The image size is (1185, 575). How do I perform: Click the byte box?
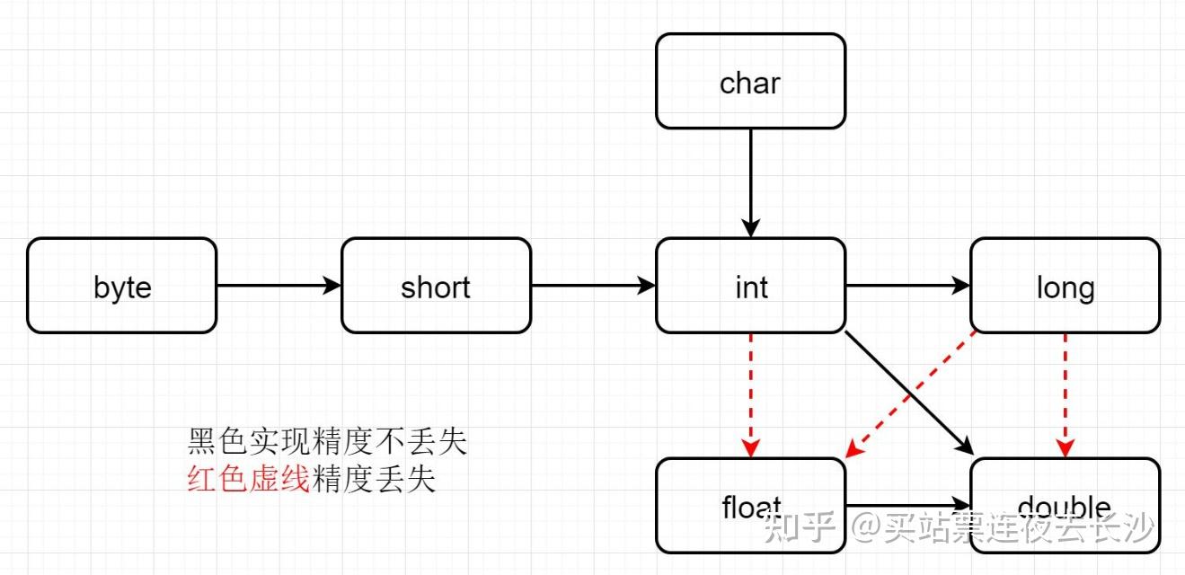click(121, 286)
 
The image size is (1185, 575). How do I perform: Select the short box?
click(436, 286)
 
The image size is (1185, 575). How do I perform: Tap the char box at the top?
click(750, 82)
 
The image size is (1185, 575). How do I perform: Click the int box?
click(750, 286)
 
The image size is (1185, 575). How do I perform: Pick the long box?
click(1065, 286)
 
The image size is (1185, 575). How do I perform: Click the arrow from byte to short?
click(279, 286)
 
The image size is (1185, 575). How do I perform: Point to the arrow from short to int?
click(593, 286)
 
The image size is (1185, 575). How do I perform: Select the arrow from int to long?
click(907, 286)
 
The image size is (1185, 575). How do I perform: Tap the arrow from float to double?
click(907, 506)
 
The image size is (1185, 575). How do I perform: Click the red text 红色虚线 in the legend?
click(248, 480)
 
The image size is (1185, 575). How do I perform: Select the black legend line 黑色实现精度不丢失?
click(327, 442)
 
